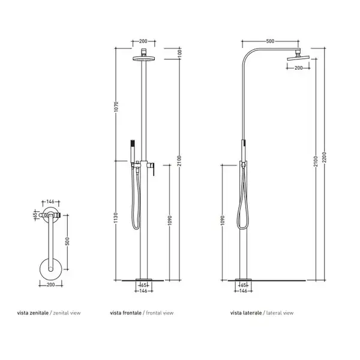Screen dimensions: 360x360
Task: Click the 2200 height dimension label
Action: click(x=324, y=157)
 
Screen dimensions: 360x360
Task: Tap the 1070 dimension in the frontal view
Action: click(x=116, y=107)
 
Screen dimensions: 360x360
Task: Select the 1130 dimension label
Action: click(x=116, y=217)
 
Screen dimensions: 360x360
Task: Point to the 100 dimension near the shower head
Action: click(x=179, y=53)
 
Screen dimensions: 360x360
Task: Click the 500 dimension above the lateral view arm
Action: click(x=270, y=41)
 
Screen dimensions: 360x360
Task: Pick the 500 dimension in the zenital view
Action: click(x=67, y=241)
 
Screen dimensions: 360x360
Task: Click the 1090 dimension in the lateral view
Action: click(x=222, y=220)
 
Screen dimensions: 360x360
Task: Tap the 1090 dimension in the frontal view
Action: click(x=170, y=220)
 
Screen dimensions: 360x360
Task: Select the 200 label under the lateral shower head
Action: click(x=298, y=68)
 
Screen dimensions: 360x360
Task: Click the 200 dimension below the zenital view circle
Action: click(x=51, y=284)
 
